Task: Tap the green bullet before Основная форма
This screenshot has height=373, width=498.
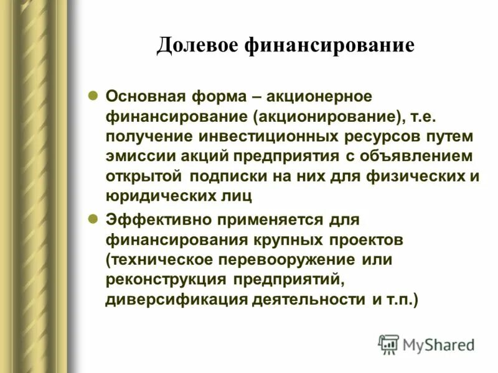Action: pos(92,96)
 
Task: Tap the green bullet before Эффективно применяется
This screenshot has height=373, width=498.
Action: pos(92,219)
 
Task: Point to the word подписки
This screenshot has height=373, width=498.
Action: pos(225,177)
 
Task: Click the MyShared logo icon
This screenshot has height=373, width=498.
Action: pos(388,344)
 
